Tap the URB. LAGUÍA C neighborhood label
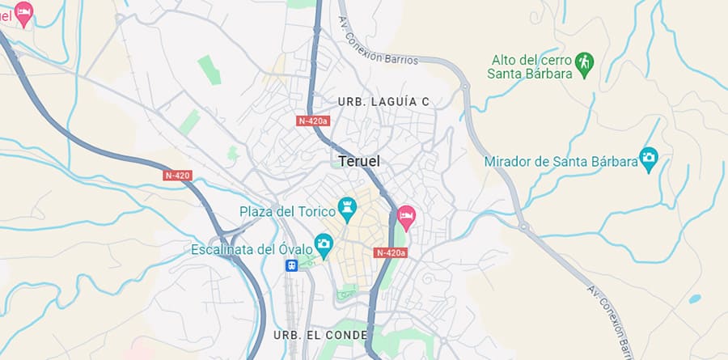[383, 102]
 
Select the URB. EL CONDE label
[320, 334]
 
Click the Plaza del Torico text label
[287, 211]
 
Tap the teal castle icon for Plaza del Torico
[348, 208]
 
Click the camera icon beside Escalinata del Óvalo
[324, 243]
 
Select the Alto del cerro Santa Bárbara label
[530, 67]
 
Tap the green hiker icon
[584, 61]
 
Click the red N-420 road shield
[177, 176]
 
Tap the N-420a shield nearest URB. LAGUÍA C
[313, 121]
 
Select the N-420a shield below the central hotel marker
[391, 253]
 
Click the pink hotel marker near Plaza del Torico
[406, 216]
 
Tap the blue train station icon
[291, 265]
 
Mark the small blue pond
[695, 299]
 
